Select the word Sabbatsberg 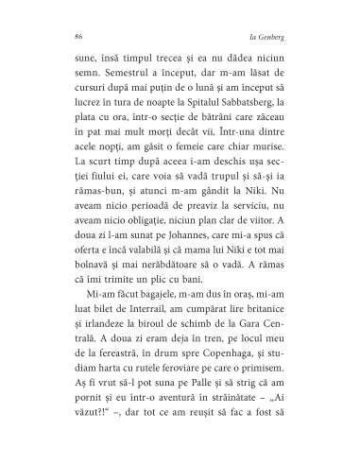[x=252, y=103]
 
